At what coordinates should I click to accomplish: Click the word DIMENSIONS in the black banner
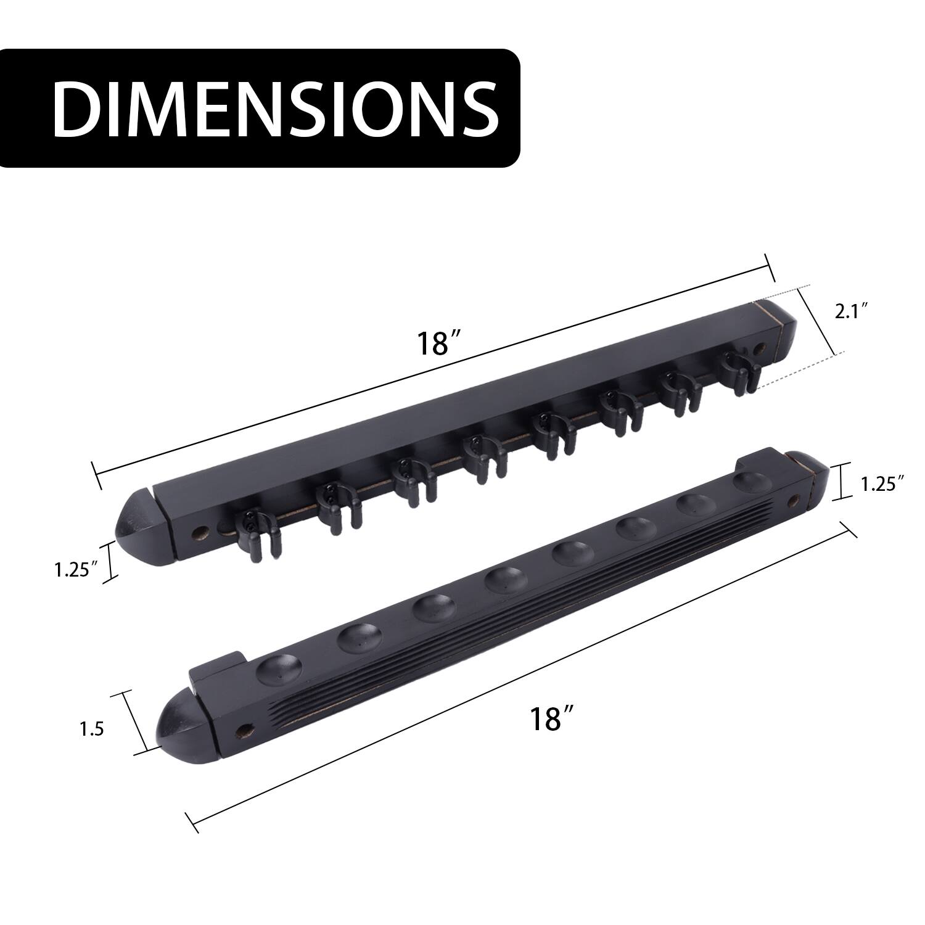pyautogui.click(x=276, y=108)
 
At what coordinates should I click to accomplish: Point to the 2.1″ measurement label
pyautogui.click(x=852, y=312)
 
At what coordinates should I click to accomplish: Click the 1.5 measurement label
pyautogui.click(x=91, y=730)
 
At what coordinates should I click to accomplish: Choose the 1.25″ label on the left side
pyautogui.click(x=76, y=570)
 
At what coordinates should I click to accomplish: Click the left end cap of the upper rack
pyautogui.click(x=137, y=527)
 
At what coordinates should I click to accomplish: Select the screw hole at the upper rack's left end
pyautogui.click(x=200, y=530)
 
